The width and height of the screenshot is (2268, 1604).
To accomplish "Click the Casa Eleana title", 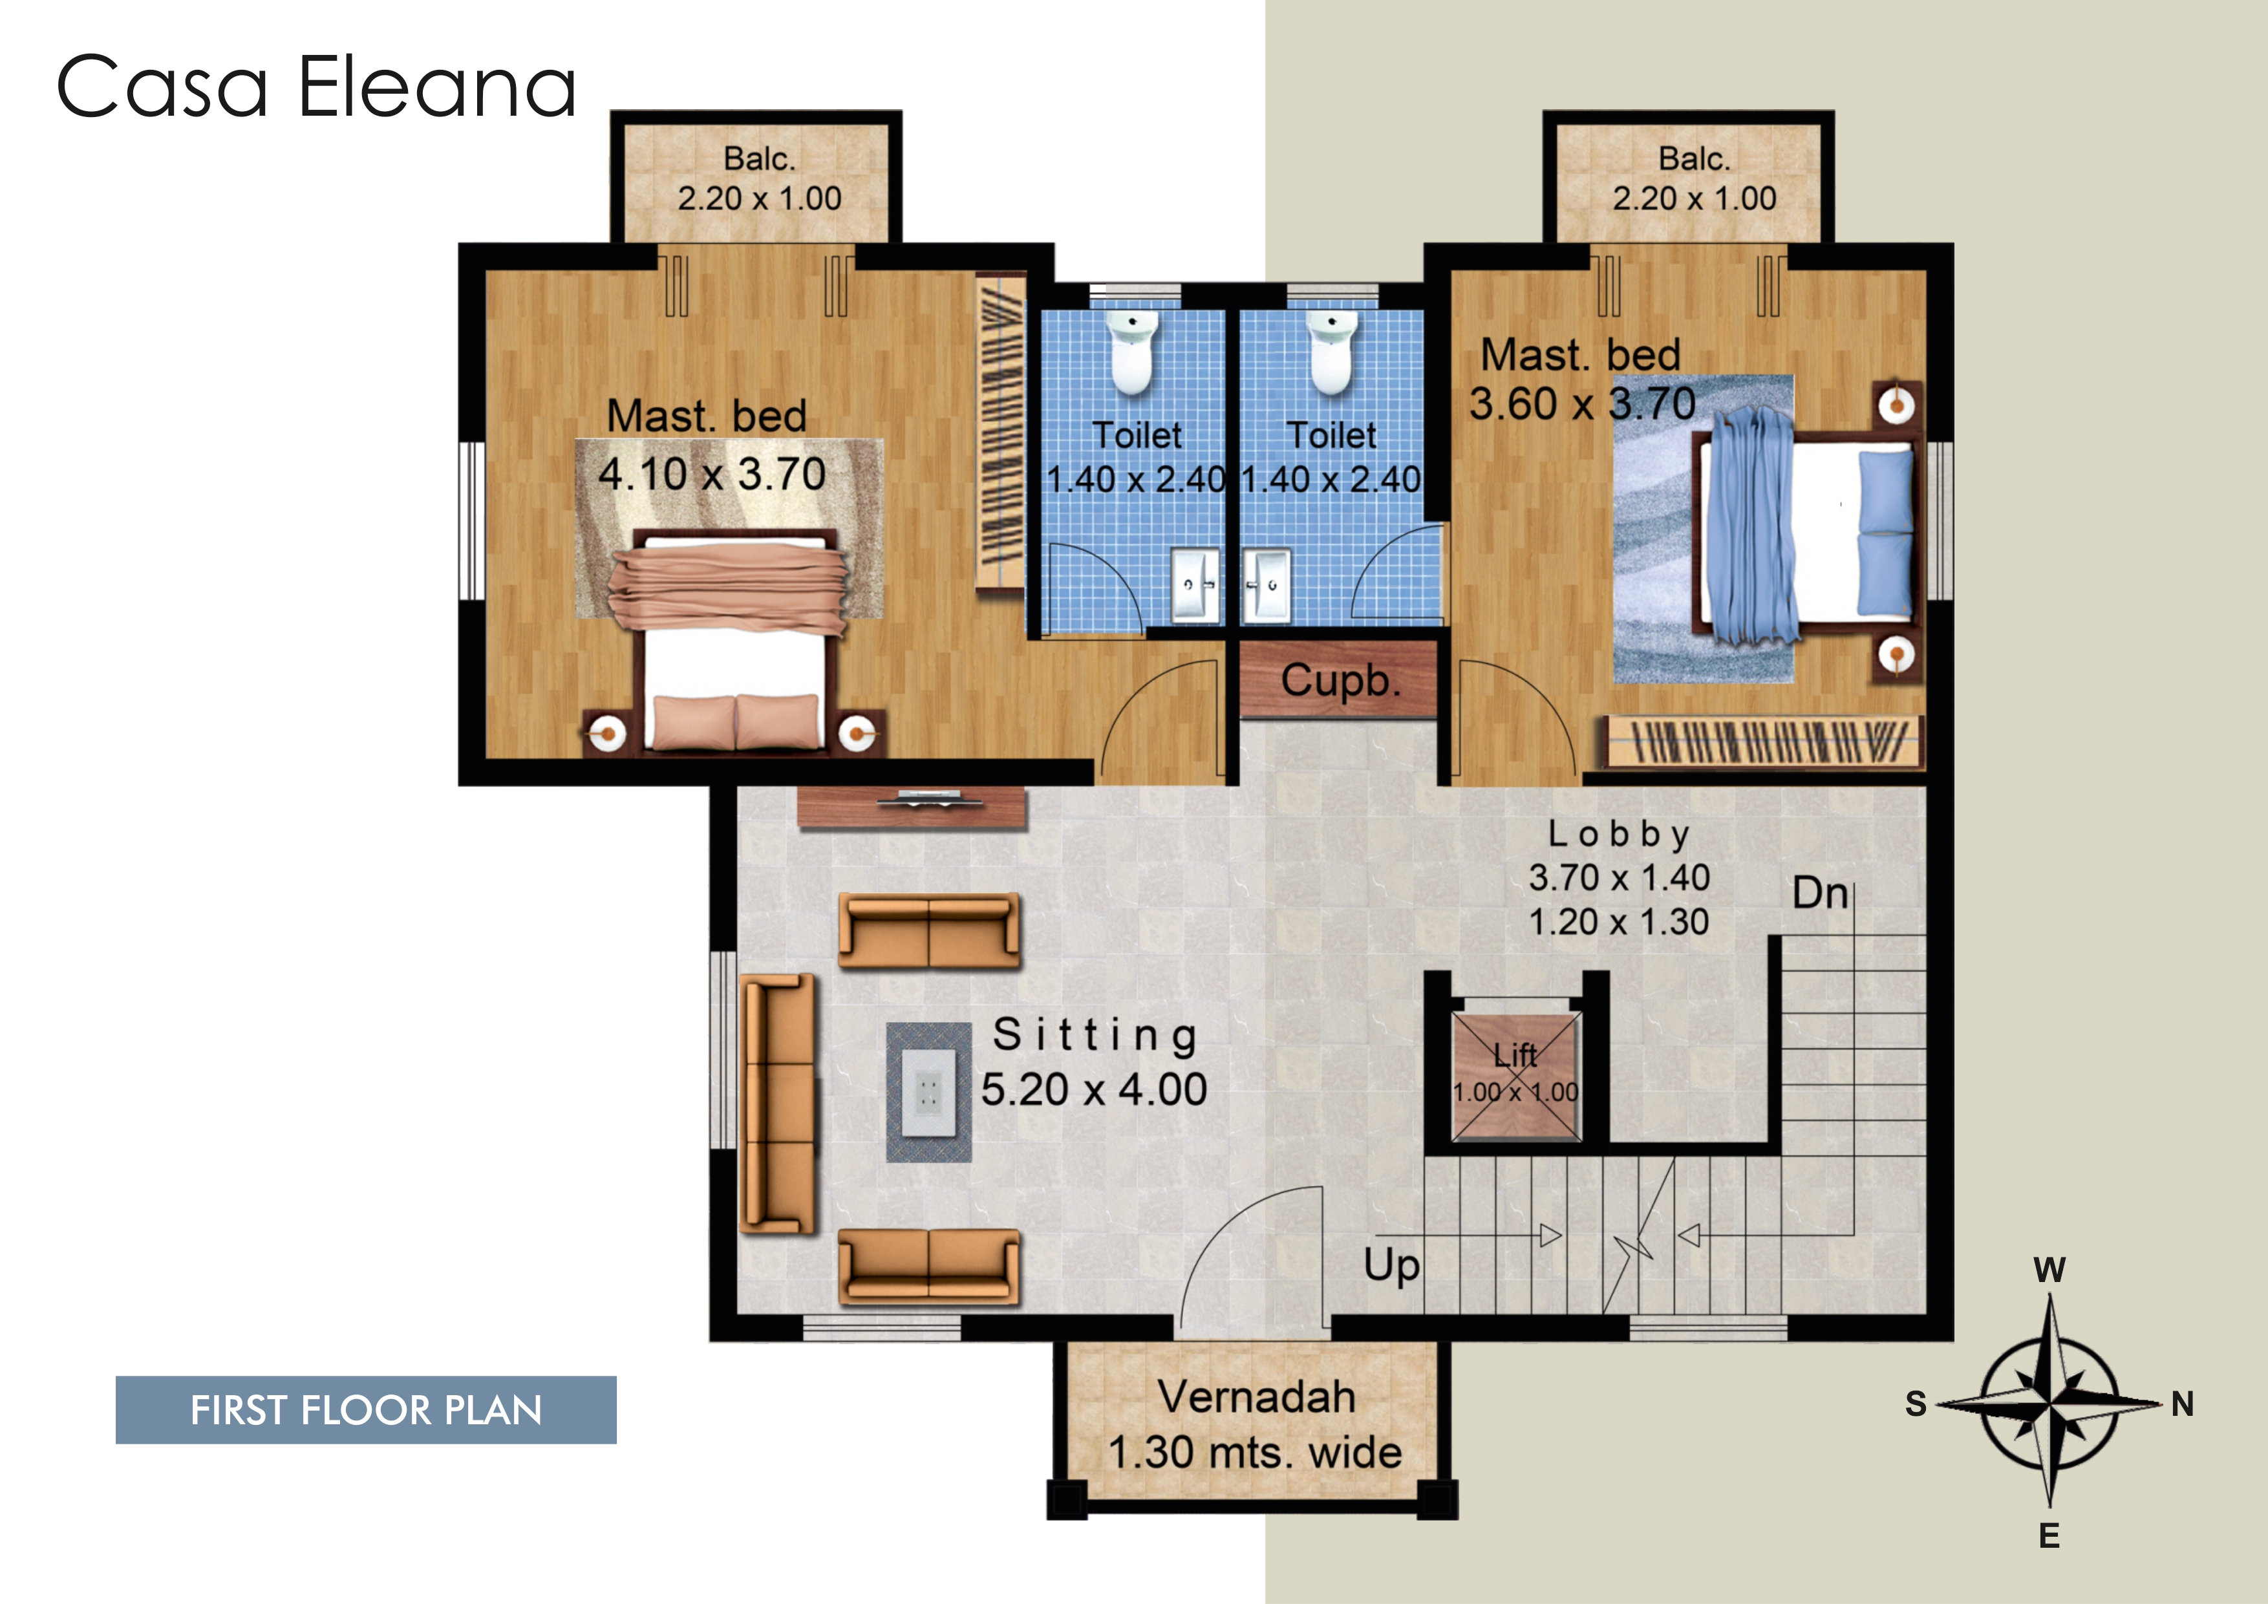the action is (x=316, y=87).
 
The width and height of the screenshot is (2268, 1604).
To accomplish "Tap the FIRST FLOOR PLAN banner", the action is (x=365, y=1409).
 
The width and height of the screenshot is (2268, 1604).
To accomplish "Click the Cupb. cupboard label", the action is (x=1340, y=681).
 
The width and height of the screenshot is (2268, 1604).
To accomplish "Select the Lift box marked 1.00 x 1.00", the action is (x=1515, y=1076).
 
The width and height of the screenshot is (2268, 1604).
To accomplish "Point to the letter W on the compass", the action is (x=2049, y=1270).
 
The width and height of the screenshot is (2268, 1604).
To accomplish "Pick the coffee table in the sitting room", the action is (x=928, y=1091).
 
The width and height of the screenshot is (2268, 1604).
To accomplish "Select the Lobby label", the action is (x=1619, y=835).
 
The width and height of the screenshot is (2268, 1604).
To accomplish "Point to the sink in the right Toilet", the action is (x=1267, y=586).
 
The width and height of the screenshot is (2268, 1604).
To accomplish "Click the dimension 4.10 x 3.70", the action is (x=712, y=474).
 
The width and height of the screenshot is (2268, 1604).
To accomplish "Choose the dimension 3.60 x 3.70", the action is (x=1583, y=403).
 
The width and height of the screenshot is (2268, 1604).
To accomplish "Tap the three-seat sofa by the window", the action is (x=779, y=1104).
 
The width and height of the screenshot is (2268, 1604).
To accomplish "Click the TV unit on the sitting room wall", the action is (x=912, y=808).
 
